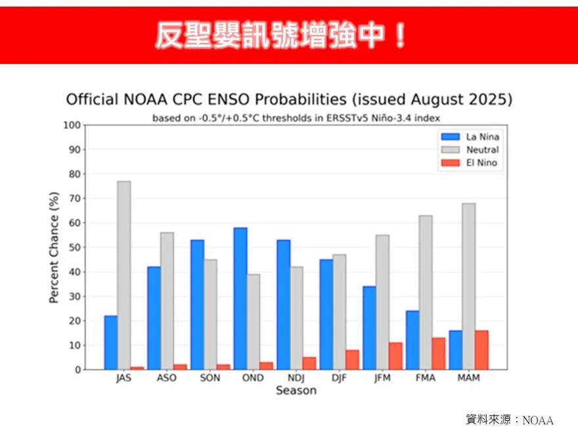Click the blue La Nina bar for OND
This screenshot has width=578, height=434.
click(240, 299)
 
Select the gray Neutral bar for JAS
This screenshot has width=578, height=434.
click(124, 276)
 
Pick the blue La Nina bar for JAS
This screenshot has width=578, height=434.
click(110, 343)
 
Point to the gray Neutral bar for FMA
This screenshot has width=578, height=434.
click(426, 293)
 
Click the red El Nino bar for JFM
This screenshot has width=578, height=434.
click(395, 356)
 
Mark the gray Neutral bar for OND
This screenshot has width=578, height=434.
click(254, 322)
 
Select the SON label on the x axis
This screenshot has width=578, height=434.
click(210, 378)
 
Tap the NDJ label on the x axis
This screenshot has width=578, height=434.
click(296, 378)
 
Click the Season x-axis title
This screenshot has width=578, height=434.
click(296, 391)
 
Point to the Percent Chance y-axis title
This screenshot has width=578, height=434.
click(55, 247)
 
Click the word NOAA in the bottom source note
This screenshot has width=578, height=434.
click(539, 420)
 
